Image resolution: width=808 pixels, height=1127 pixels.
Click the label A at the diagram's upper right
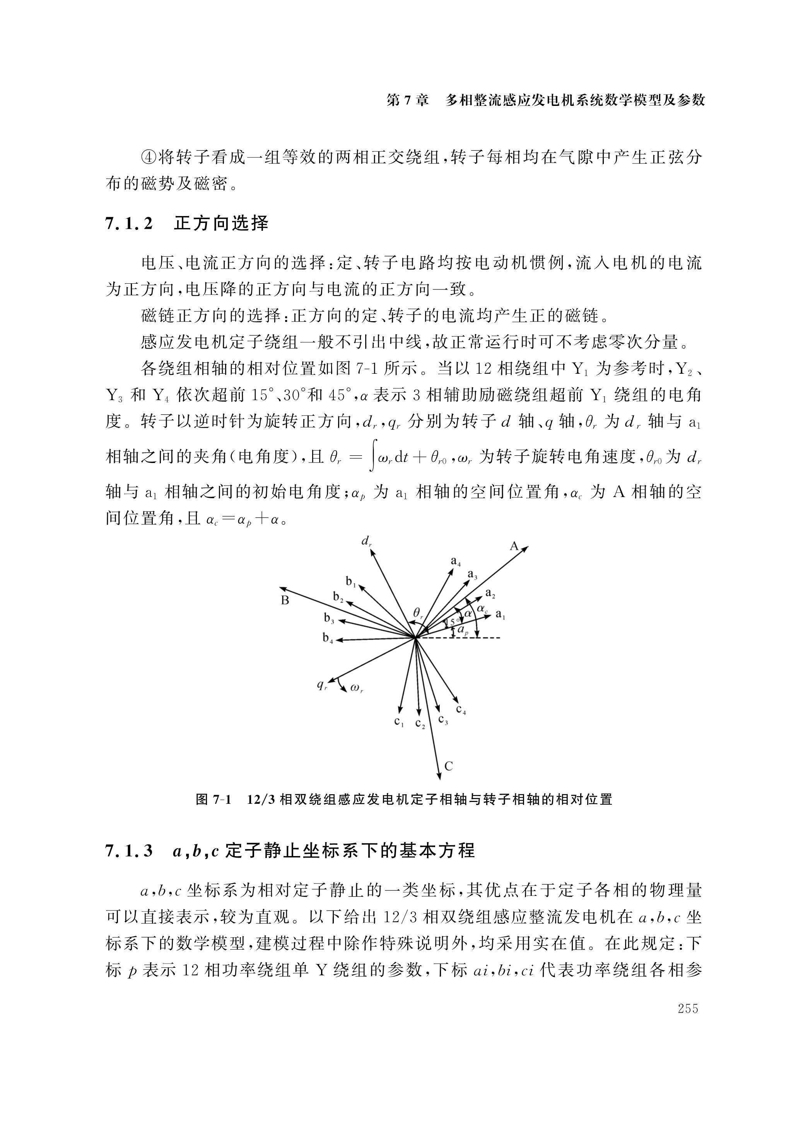click(x=514, y=546)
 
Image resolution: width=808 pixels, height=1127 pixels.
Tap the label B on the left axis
click(x=285, y=601)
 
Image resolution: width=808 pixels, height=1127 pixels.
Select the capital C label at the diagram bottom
click(x=449, y=766)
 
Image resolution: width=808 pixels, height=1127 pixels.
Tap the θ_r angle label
click(x=418, y=614)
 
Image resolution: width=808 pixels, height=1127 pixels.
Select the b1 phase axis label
click(x=351, y=581)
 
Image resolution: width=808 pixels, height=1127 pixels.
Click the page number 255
click(x=688, y=1008)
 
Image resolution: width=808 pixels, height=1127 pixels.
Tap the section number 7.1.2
click(x=129, y=224)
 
